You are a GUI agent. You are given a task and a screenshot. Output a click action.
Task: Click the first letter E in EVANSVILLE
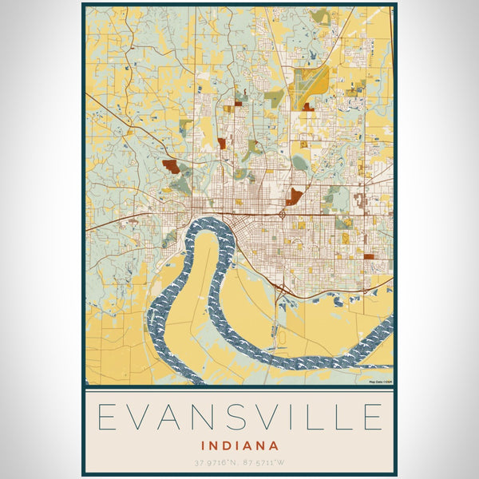(109, 418)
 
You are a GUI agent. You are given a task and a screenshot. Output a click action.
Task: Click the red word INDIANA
(239, 445)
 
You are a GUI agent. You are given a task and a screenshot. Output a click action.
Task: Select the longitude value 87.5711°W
(264, 462)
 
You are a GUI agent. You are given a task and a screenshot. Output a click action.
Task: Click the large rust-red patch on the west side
(171, 166)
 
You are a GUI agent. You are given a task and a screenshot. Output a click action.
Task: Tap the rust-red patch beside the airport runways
(307, 105)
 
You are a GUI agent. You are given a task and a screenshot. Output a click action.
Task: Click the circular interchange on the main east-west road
(283, 214)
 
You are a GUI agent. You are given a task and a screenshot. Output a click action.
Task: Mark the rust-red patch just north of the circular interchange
(294, 196)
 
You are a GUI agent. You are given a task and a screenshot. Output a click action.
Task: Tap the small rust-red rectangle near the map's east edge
(369, 256)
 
